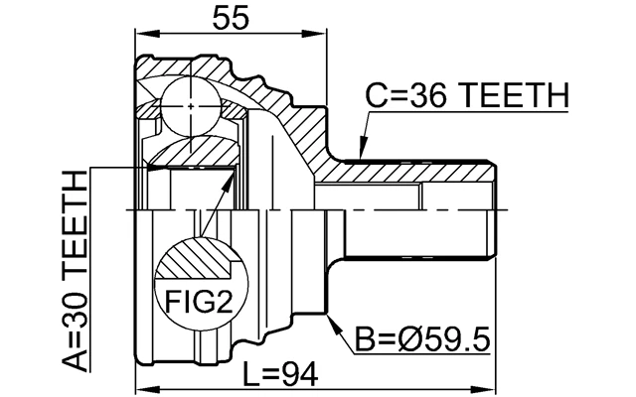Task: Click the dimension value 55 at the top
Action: (232, 17)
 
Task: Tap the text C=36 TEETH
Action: (466, 97)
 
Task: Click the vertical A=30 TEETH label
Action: (74, 269)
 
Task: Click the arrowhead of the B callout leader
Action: (331, 320)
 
